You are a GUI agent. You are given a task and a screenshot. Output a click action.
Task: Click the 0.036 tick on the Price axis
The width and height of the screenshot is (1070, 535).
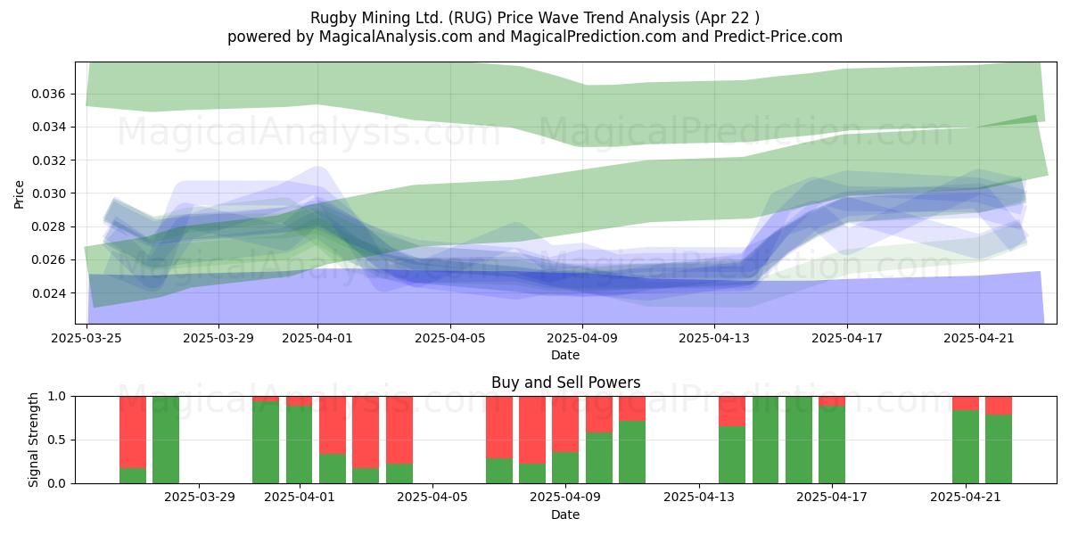click(48, 94)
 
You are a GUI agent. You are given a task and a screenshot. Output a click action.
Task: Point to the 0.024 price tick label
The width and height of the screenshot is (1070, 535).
click(48, 292)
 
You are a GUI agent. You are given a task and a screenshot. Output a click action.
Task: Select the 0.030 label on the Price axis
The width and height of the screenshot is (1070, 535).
click(48, 193)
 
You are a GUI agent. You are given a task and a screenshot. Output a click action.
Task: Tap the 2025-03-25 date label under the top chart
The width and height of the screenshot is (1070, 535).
click(86, 338)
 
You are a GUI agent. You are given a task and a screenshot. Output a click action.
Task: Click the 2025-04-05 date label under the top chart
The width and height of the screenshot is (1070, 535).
click(450, 338)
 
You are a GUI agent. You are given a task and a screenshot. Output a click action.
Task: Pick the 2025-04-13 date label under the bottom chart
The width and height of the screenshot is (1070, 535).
click(699, 497)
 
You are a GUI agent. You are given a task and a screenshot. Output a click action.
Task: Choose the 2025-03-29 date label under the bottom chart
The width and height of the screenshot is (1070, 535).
click(200, 497)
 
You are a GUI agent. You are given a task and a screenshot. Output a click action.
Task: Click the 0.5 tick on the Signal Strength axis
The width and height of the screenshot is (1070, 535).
click(57, 440)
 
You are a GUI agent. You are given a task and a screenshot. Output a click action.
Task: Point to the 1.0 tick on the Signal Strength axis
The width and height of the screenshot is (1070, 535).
click(57, 397)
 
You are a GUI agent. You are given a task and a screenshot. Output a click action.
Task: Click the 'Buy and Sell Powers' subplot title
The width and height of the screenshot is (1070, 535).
click(565, 383)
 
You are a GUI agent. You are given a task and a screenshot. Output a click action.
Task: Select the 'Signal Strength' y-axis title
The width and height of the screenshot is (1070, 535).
click(33, 440)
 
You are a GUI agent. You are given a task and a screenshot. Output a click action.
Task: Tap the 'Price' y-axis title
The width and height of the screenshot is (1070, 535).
click(19, 194)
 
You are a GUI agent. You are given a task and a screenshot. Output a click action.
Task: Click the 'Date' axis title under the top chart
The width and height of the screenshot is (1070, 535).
click(565, 355)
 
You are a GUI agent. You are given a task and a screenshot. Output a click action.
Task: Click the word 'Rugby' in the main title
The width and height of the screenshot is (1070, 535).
click(333, 18)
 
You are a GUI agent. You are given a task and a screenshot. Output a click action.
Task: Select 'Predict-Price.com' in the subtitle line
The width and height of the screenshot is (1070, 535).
click(778, 37)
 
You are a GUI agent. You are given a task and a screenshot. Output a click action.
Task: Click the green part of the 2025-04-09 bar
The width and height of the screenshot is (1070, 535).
click(565, 467)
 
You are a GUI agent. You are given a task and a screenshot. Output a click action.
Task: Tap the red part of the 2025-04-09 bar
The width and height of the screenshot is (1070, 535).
click(565, 424)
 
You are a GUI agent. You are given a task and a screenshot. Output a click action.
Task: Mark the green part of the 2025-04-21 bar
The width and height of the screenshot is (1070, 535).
click(966, 447)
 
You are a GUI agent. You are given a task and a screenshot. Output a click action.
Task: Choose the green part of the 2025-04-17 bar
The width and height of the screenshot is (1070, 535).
click(832, 444)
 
